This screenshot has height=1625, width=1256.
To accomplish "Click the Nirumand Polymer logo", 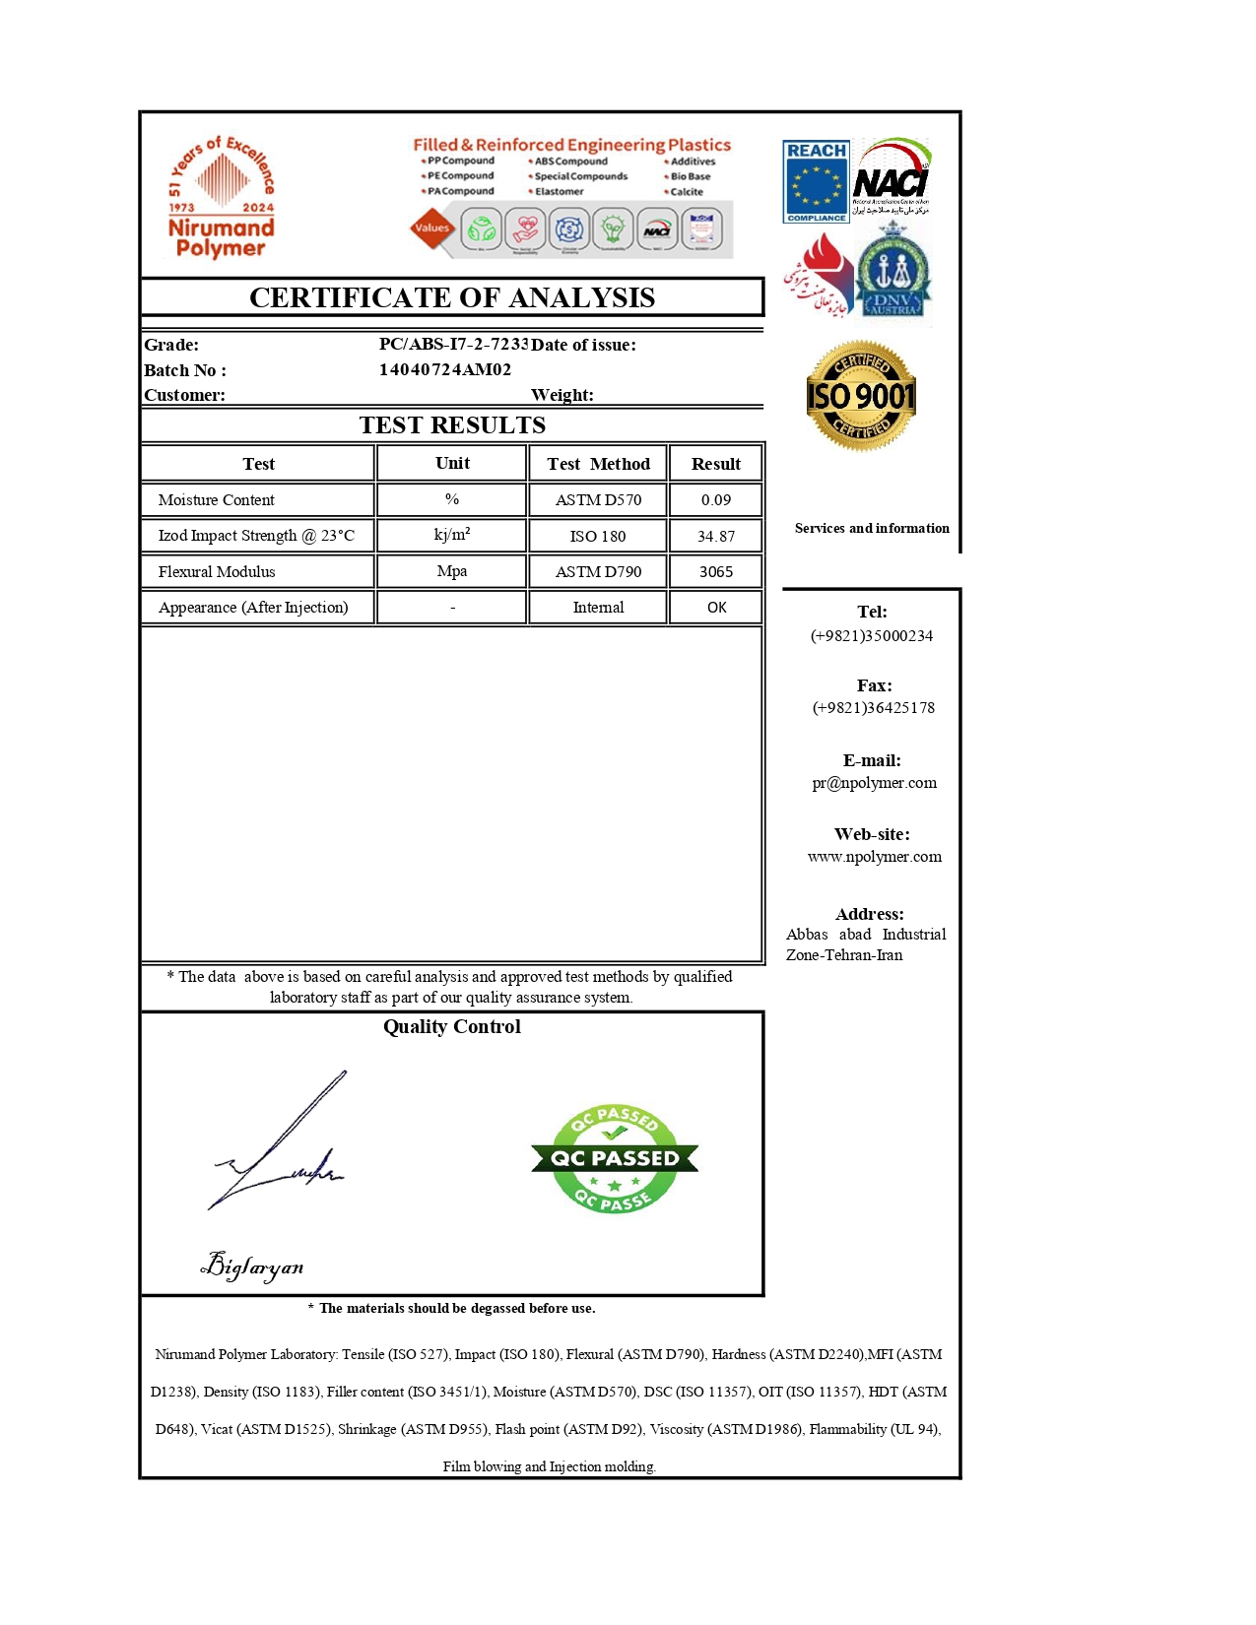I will [x=221, y=198].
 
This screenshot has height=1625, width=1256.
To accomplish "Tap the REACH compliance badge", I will [x=816, y=181].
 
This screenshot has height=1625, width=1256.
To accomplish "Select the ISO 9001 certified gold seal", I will [x=861, y=396].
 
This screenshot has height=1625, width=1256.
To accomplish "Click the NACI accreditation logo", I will [x=891, y=178].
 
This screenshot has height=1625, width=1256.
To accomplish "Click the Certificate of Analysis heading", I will [x=452, y=297].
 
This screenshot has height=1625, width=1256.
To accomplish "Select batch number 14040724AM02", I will [x=445, y=369].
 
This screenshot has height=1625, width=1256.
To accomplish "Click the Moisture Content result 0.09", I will [x=716, y=499].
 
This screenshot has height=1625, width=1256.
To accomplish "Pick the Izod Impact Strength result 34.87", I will [x=716, y=536].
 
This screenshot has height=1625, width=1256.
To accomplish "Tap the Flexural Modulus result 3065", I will [x=716, y=571].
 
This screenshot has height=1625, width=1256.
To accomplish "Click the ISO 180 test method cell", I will [x=598, y=536].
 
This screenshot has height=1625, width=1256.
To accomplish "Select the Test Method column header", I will [x=598, y=464].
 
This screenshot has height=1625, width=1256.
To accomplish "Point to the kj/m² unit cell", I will [x=452, y=535].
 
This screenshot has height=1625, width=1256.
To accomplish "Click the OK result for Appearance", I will [x=716, y=608].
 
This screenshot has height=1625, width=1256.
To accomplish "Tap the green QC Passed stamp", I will [x=614, y=1158].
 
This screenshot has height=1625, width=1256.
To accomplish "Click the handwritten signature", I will [x=281, y=1147].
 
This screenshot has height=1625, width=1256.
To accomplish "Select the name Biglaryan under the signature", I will [x=252, y=1266].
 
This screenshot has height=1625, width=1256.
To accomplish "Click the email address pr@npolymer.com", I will [x=874, y=783].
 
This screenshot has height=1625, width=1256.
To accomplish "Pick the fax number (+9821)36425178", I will [x=874, y=707].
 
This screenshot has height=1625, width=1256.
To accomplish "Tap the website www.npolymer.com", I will [x=874, y=857].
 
